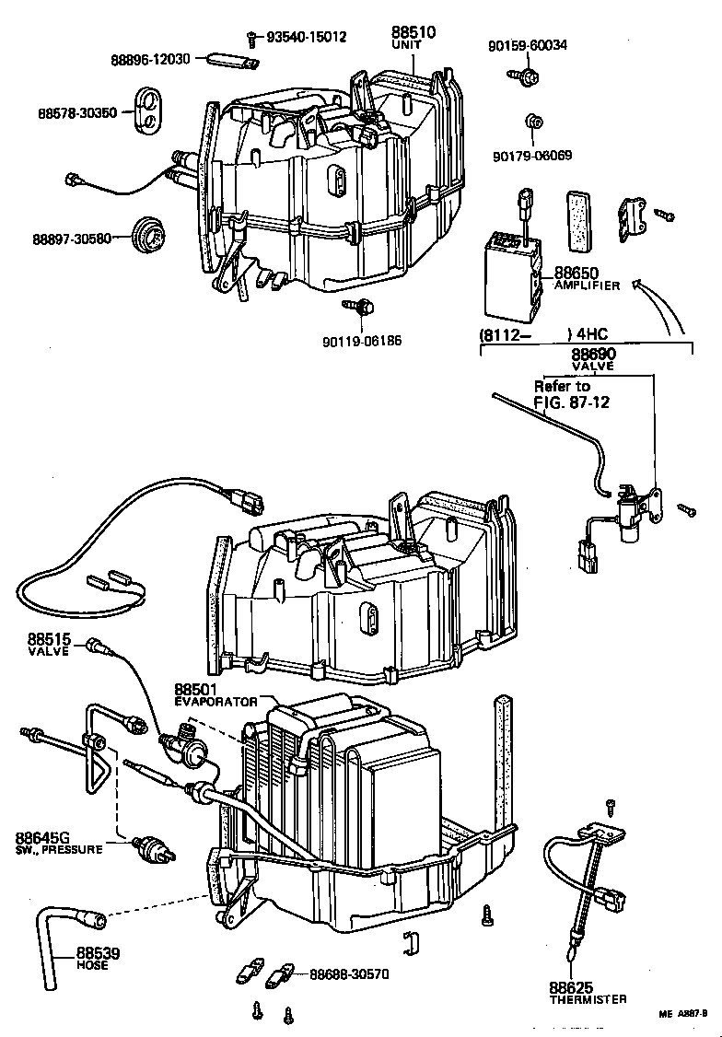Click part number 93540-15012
click(306, 37)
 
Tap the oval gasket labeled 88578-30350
click(147, 111)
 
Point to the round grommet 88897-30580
click(148, 237)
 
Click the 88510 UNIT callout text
click(413, 37)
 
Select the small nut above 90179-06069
click(531, 122)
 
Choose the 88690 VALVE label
click(593, 358)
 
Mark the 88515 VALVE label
click(50, 644)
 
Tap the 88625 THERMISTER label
click(588, 992)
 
